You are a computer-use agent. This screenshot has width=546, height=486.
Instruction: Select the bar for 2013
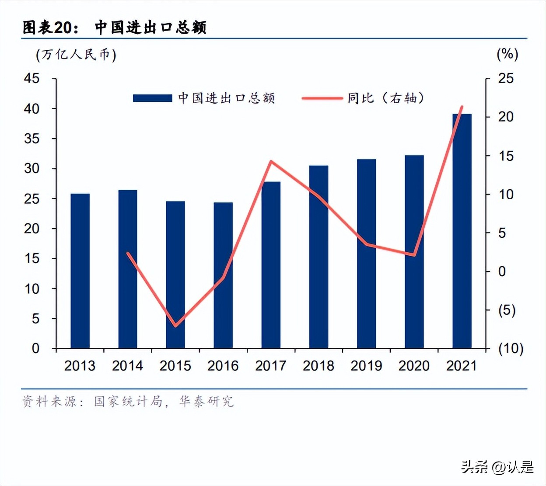coord(80,271)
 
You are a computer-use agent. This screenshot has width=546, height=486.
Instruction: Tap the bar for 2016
coord(223,275)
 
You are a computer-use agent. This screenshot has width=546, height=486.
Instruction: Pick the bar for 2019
coord(366,253)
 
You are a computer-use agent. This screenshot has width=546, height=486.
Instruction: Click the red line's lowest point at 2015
coord(175,326)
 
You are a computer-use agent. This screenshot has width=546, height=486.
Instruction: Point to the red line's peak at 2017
coord(271,162)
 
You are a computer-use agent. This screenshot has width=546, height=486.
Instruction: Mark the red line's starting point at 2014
coord(128,253)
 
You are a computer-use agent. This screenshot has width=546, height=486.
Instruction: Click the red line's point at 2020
coord(414,255)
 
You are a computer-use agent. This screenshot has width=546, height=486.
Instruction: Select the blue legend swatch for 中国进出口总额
coord(152,98)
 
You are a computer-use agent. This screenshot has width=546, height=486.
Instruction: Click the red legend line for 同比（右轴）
coord(322,98)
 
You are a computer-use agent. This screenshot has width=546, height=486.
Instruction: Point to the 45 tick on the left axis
coord(31,79)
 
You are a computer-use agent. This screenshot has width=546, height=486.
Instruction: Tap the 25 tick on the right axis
coord(506,79)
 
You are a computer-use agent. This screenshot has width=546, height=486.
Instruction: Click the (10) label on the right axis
coord(511,348)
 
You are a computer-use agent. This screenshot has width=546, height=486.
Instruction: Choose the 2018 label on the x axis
coord(318,366)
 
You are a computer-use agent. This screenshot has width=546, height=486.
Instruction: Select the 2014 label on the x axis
coord(127,366)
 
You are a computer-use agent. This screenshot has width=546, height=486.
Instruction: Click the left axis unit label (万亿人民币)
coord(76,55)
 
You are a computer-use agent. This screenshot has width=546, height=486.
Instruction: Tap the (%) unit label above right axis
coord(507,54)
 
